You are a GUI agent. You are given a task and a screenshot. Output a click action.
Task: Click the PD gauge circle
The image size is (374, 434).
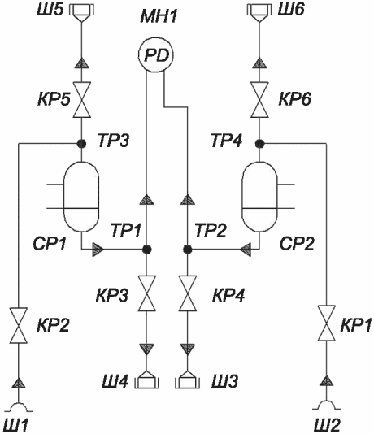(156, 55)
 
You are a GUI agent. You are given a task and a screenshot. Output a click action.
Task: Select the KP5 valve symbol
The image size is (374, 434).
(81, 100)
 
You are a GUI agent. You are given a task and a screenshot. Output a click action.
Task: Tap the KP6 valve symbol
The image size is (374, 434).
(259, 100)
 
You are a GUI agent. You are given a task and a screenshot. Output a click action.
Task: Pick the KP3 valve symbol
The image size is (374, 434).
(146, 293)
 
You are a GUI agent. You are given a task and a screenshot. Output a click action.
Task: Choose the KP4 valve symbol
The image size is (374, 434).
(188, 293)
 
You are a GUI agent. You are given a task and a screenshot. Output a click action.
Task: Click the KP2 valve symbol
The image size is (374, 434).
(18, 325)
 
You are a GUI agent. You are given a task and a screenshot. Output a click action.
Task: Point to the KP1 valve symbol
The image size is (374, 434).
(326, 323)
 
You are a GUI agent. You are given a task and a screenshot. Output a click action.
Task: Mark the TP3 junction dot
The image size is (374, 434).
(81, 143)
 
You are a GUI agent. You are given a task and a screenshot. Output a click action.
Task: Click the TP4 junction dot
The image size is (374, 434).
(259, 143)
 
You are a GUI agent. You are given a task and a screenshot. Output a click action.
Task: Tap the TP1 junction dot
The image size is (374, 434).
(146, 250)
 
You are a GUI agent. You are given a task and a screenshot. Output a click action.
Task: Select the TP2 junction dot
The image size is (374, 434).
(188, 250)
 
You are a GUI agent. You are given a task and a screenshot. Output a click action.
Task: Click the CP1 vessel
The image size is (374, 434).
(81, 197)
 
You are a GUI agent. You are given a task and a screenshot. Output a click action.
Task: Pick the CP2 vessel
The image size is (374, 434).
(259, 197)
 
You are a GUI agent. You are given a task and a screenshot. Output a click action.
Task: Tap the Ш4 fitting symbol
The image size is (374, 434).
(146, 380)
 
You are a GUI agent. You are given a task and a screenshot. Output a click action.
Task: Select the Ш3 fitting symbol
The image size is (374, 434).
(188, 380)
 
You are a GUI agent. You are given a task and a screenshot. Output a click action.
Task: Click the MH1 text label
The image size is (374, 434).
(159, 16)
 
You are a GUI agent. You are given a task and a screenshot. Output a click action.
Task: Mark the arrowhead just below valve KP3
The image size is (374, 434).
(146, 349)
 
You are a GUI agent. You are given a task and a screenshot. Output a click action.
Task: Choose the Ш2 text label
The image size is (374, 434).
(328, 425)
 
